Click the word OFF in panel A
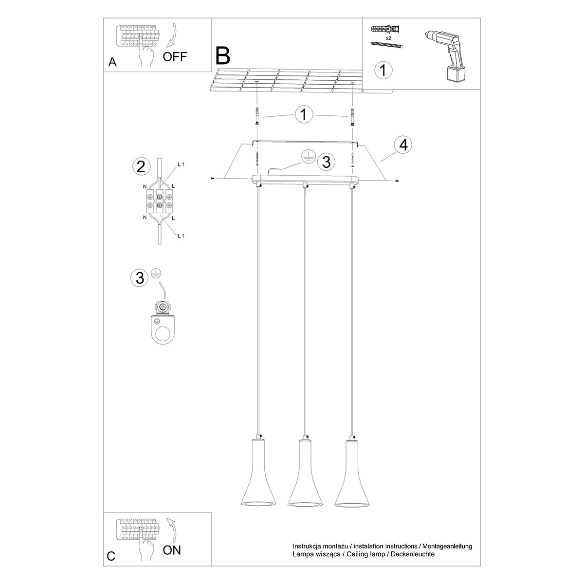[x=175, y=56]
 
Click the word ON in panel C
[x=172, y=550]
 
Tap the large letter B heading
[x=222, y=56]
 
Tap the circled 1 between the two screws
[x=304, y=115]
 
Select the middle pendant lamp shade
[x=305, y=472]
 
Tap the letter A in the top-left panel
[x=112, y=62]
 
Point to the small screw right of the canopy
[x=398, y=181]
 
